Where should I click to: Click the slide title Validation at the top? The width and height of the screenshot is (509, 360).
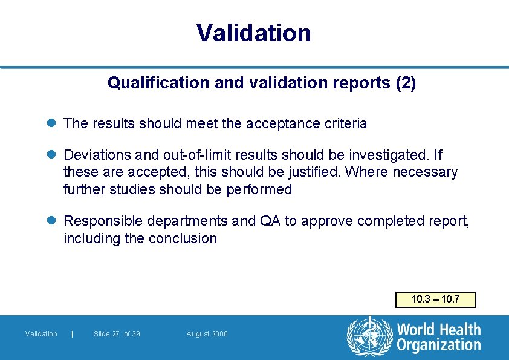coord(254,33)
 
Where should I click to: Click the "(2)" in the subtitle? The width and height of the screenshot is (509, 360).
coord(405,83)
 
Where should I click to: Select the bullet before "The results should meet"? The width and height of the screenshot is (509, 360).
coord(53,123)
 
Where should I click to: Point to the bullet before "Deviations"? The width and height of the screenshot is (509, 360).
coord(53,155)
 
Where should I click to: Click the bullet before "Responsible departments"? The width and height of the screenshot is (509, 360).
coord(53,221)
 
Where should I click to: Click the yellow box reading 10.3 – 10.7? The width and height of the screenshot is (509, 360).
coord(435,299)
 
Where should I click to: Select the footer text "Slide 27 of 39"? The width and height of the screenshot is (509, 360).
coord(117,334)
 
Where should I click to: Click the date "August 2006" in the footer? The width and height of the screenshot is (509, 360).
coord(207,334)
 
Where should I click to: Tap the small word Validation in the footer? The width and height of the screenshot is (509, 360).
coord(41,334)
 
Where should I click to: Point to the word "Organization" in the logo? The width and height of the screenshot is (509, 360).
coord(439,345)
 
